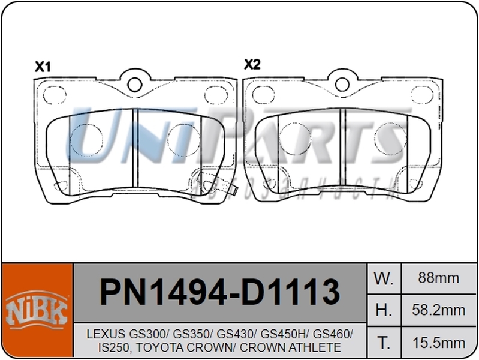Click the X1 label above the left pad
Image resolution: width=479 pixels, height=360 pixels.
[41, 67]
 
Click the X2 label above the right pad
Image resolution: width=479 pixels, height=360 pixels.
[252, 64]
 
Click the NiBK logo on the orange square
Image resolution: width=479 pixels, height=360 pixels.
[36, 309]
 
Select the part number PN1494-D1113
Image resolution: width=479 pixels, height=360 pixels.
[219, 293]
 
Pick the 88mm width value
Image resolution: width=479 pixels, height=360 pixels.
[439, 278]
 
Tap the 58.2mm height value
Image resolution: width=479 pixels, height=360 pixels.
[439, 310]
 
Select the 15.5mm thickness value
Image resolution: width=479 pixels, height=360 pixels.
[439, 343]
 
